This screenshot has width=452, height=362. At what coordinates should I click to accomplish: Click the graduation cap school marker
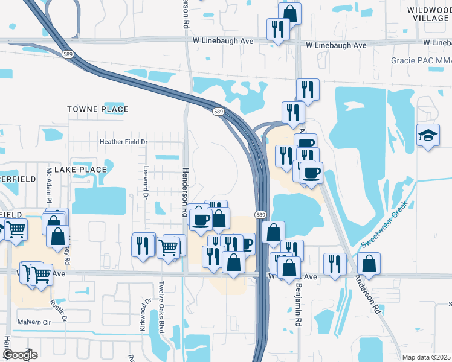(428, 135)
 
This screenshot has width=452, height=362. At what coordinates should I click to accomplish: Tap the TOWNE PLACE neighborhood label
(98, 109)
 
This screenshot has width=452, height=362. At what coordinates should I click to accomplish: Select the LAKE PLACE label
(80, 170)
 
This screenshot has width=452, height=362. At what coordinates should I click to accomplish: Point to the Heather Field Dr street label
(123, 142)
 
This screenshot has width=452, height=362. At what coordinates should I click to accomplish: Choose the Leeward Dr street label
(146, 182)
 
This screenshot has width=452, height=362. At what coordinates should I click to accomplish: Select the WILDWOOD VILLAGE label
(427, 14)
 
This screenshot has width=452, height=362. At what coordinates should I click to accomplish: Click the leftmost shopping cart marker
(16, 229)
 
